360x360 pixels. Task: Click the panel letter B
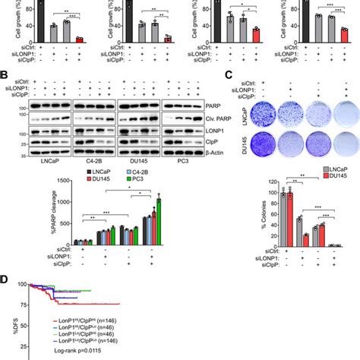(5, 76)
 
